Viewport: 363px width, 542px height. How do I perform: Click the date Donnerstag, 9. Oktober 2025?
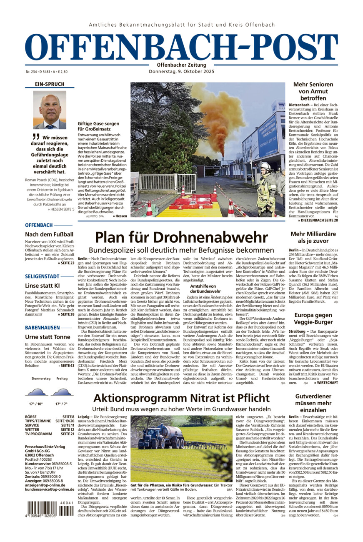click(181, 71)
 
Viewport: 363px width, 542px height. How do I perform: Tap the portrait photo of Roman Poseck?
click(50, 110)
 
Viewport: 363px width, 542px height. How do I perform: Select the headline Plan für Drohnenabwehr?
click(181, 237)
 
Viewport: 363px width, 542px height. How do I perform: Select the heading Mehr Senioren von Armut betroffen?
click(313, 91)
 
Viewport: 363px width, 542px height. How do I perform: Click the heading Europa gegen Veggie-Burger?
click(313, 319)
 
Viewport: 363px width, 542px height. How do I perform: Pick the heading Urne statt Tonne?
click(48, 337)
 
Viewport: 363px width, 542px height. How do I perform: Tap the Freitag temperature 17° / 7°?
click(62, 404)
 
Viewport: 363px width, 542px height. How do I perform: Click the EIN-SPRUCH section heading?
click(50, 84)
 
